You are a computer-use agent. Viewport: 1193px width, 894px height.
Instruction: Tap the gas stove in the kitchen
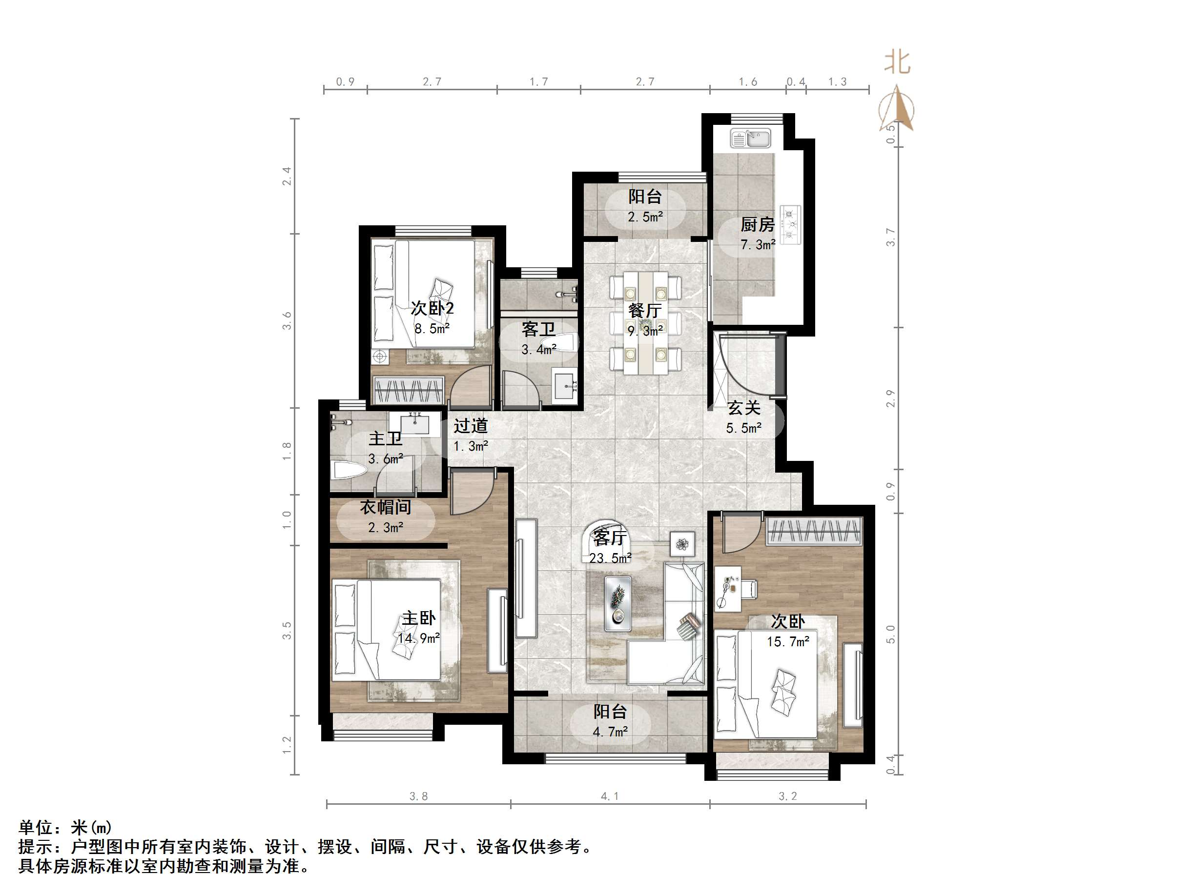point(791,222)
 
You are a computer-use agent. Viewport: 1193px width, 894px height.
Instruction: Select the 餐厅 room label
point(644,310)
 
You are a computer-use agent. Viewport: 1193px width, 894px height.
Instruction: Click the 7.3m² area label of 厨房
point(758,245)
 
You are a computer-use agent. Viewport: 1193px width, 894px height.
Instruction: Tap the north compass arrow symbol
point(897,108)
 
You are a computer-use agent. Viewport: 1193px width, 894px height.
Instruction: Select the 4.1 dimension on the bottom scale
point(610,796)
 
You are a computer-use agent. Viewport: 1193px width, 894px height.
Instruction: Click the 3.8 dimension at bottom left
point(418,796)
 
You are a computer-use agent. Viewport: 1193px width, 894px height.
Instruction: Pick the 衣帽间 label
point(385,507)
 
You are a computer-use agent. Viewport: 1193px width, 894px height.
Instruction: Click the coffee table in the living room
point(618,603)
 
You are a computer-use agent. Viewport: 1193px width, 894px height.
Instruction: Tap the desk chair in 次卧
point(749,589)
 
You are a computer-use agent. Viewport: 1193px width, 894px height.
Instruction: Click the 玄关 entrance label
point(744,408)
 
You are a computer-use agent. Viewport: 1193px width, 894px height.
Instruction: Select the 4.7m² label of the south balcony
point(610,732)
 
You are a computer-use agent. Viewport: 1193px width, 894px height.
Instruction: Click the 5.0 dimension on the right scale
point(890,634)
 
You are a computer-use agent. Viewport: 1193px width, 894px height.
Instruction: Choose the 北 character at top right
point(897,62)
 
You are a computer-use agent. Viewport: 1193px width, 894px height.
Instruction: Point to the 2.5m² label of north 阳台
point(645,217)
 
